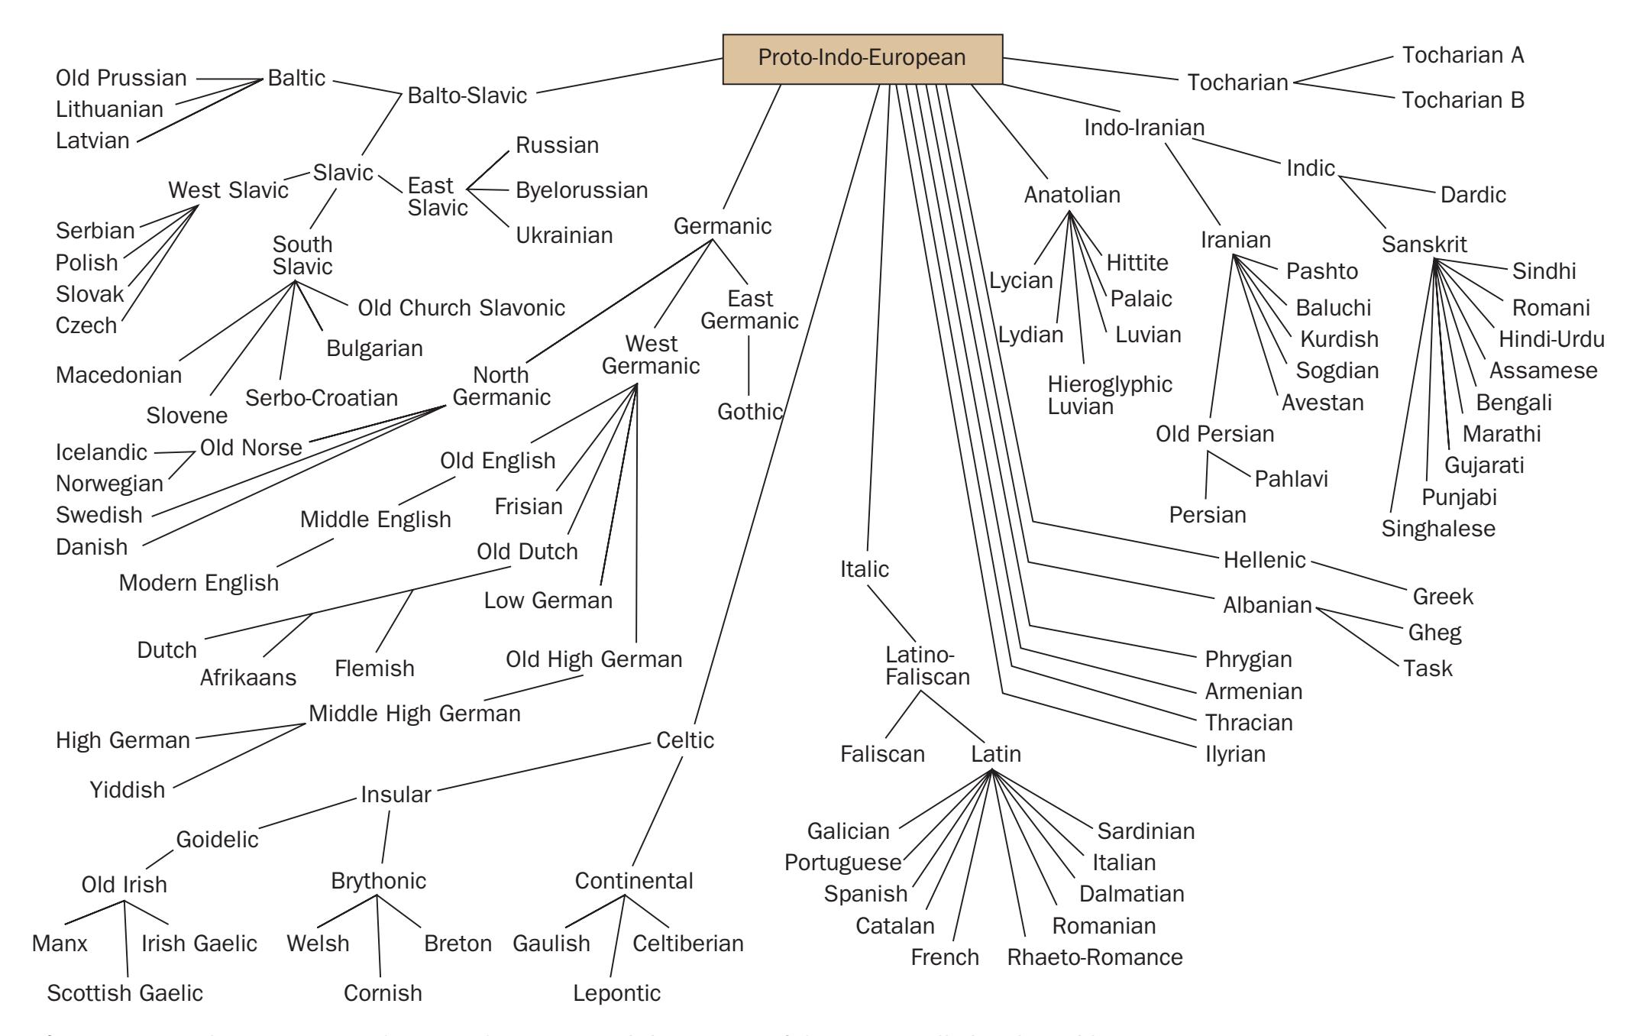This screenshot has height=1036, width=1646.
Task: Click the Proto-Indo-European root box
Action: (x=862, y=59)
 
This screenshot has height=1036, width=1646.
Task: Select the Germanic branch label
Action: (x=723, y=226)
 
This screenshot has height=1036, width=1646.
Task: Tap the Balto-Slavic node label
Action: (x=467, y=96)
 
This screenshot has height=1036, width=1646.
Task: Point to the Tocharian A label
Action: (x=1463, y=55)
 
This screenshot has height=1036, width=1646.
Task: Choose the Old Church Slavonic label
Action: (x=461, y=308)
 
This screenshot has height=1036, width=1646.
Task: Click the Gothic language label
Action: (x=749, y=412)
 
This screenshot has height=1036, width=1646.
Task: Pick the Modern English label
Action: (x=199, y=583)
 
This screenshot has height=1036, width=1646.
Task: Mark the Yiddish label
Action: (x=128, y=789)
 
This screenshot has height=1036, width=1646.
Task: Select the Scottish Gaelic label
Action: (x=125, y=993)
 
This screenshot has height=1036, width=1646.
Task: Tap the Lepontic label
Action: (x=616, y=993)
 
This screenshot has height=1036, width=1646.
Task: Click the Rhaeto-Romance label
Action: (x=1095, y=957)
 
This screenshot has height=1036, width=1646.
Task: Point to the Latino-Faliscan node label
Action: (x=927, y=665)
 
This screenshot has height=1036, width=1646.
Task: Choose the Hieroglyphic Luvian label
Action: (x=1109, y=395)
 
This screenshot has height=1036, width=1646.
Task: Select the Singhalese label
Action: (x=1438, y=529)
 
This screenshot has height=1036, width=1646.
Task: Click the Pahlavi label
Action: (x=1291, y=479)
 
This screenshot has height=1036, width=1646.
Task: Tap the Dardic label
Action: (x=1473, y=195)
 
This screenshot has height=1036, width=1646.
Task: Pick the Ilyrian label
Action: (x=1235, y=754)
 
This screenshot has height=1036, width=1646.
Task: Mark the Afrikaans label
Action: (x=247, y=678)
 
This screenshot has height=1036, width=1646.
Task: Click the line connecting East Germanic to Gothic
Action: (x=749, y=364)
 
